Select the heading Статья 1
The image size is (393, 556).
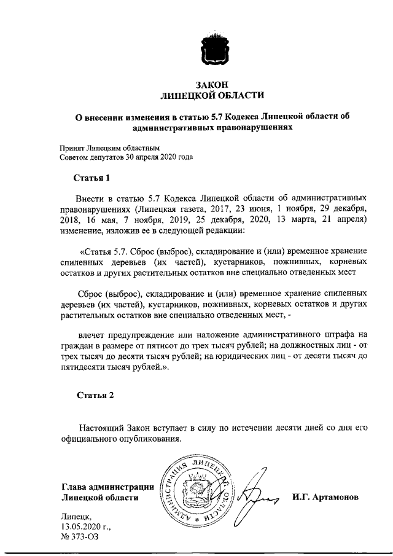click(92, 179)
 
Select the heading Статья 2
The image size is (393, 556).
click(95, 395)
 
